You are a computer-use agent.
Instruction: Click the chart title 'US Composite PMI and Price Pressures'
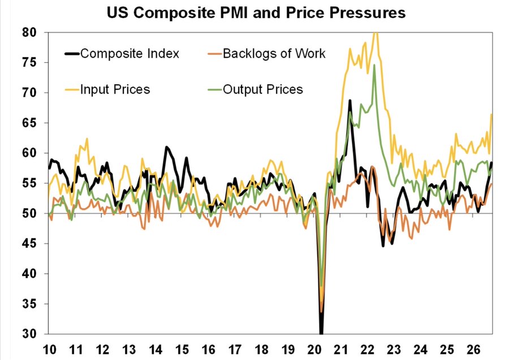(x=256, y=13)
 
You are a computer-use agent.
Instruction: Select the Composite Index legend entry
(x=122, y=54)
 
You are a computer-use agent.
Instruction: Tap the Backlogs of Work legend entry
(x=266, y=54)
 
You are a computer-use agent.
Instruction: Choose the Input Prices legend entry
(x=107, y=89)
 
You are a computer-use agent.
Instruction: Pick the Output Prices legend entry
(x=255, y=89)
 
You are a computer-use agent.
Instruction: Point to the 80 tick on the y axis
(x=29, y=32)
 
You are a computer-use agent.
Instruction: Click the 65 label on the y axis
(x=29, y=123)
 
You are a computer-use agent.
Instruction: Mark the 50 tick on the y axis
(x=29, y=214)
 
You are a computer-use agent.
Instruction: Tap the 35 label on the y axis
(x=29, y=304)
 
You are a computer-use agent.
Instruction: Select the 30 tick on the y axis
(x=29, y=334)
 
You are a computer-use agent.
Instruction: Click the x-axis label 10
(x=49, y=350)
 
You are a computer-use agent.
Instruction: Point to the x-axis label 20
(x=314, y=350)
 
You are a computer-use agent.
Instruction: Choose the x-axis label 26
(x=473, y=350)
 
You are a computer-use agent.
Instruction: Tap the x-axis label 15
(x=182, y=350)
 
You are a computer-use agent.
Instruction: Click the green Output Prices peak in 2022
(x=374, y=65)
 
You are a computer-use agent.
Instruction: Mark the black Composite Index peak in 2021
(x=350, y=101)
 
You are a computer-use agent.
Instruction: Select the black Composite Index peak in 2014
(x=166, y=148)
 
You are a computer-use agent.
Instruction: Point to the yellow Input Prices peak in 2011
(x=87, y=139)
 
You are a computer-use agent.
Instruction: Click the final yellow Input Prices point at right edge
(x=492, y=114)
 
